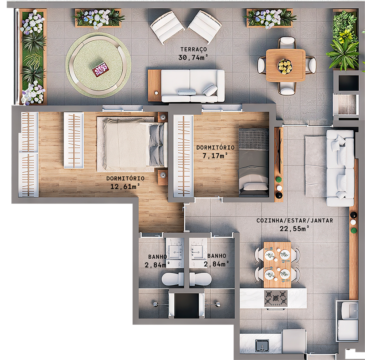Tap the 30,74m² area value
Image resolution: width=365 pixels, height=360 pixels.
(193, 57)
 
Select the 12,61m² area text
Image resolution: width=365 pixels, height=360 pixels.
(125, 187)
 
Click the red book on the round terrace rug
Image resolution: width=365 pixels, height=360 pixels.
(100, 69)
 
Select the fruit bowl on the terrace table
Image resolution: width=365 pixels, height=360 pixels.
(285, 66)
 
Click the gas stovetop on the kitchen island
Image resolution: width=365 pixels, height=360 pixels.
(276, 298)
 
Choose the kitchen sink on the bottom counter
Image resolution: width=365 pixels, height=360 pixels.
(262, 345)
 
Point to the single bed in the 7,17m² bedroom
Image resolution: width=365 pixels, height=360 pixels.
(254, 162)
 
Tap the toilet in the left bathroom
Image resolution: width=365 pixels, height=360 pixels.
(173, 280)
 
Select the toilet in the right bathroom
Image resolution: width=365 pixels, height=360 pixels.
(200, 280)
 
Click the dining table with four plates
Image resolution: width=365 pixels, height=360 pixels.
(277, 264)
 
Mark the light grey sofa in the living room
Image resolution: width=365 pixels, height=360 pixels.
(339, 168)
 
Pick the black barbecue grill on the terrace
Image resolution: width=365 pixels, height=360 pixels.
(345, 83)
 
